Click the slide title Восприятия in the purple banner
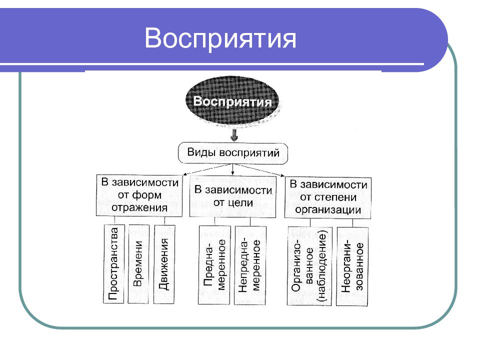tap(220, 38)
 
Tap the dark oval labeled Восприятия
tap(232, 101)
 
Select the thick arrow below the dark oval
tap(234, 134)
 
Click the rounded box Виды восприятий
tap(233, 153)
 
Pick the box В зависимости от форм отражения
tap(139, 195)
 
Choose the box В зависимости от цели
tap(232, 196)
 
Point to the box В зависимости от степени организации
tap(328, 197)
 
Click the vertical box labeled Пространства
tap(113, 263)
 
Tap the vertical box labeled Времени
tap(138, 264)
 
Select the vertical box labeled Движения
tap(164, 264)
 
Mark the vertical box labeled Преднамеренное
tap(214, 265)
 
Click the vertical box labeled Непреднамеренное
tap(250, 265)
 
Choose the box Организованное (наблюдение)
tap(309, 266)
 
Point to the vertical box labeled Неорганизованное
tap(352, 266)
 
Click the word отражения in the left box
tap(139, 208)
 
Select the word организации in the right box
tap(328, 210)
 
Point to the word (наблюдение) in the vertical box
tap(322, 266)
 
